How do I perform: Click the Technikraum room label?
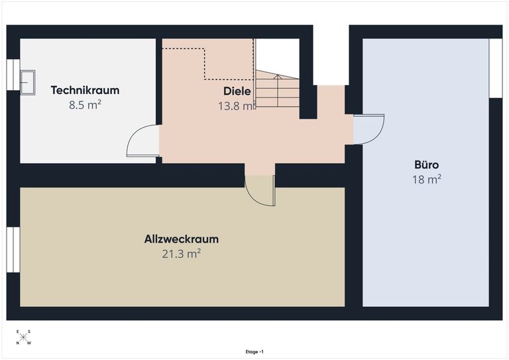point(85,90)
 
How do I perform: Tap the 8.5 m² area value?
point(85,105)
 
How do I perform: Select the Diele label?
point(237,91)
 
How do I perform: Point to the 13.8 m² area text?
point(236,106)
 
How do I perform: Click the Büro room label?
point(427,164)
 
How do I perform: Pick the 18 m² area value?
point(427,179)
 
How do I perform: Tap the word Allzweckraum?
point(182,239)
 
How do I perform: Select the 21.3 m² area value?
point(182,253)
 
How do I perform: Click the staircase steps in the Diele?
point(277,89)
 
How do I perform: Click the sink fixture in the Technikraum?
point(28,82)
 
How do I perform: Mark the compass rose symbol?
point(23,337)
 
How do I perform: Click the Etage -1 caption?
point(254,352)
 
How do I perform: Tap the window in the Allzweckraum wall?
point(13,250)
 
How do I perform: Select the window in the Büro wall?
point(496,68)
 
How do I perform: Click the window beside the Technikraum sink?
point(13,75)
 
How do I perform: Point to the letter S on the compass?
point(29,331)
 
